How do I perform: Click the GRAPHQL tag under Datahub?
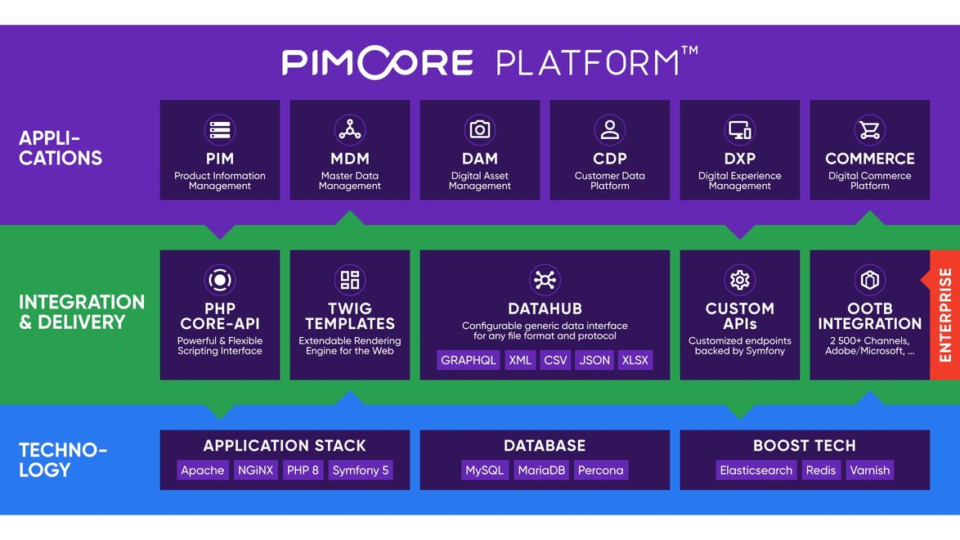pyautogui.click(x=469, y=360)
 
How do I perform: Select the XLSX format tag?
pyautogui.click(x=635, y=360)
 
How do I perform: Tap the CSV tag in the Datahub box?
pyautogui.click(x=555, y=360)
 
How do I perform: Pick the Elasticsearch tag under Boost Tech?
pyautogui.click(x=756, y=470)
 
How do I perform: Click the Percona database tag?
pyautogui.click(x=600, y=470)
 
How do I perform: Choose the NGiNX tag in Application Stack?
pyautogui.click(x=255, y=470)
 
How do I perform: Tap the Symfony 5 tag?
pyautogui.click(x=361, y=470)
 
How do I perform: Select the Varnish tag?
pyautogui.click(x=869, y=470)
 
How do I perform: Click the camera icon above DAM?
pyautogui.click(x=480, y=129)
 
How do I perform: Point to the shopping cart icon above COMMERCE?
pyautogui.click(x=869, y=129)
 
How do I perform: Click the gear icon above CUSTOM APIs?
pyautogui.click(x=739, y=280)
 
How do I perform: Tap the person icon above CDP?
pyautogui.click(x=610, y=129)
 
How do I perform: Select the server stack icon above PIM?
pyautogui.click(x=220, y=129)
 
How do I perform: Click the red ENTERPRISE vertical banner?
pyautogui.click(x=944, y=315)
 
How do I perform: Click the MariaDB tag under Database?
pyautogui.click(x=541, y=470)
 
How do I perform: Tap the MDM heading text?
pyautogui.click(x=350, y=159)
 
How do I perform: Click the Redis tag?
pyautogui.click(x=820, y=470)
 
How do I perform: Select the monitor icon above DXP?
pyautogui.click(x=739, y=129)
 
